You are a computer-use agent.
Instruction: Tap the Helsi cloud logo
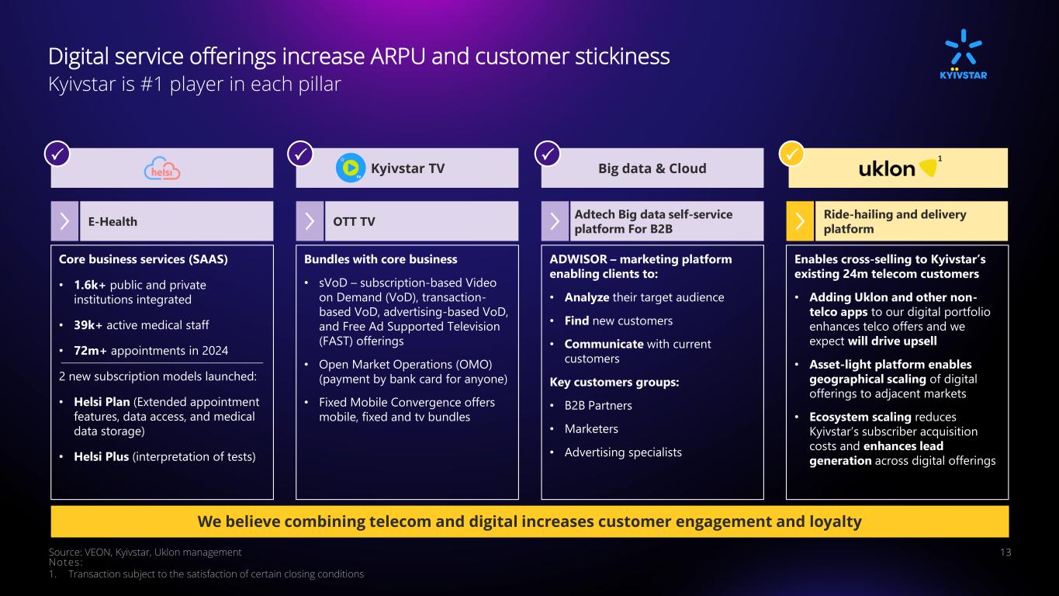162,168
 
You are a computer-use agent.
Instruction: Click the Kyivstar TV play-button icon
351,168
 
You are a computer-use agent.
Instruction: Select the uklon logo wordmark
887,169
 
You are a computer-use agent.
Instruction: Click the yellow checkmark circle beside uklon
791,154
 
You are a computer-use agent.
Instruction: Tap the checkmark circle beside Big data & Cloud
548,154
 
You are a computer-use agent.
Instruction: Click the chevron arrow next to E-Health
64,221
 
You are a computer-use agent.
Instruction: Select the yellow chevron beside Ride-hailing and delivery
800,221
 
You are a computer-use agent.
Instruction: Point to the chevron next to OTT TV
310,221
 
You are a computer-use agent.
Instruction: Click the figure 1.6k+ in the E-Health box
90,285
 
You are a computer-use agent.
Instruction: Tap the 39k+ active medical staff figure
88,325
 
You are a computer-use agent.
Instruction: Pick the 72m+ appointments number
90,351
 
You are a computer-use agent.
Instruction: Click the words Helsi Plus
101,456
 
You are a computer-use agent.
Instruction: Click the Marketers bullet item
591,429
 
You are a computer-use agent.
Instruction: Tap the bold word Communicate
604,344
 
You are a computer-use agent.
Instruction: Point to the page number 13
1005,552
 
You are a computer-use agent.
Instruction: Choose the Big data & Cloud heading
652,168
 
